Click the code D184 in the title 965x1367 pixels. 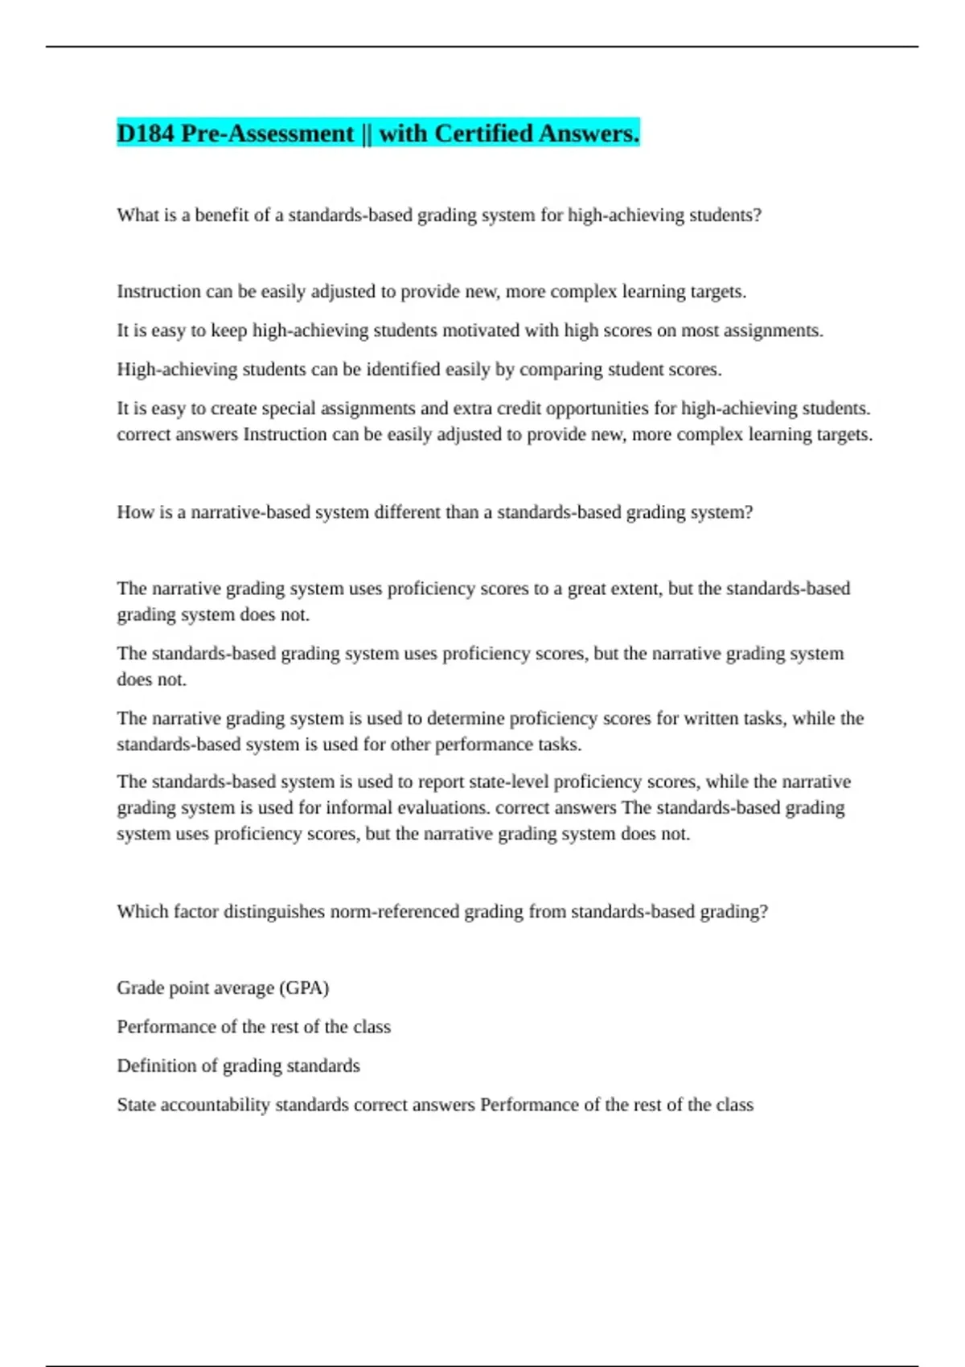[146, 133]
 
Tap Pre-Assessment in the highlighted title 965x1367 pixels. [268, 133]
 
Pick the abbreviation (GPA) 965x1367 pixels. [304, 988]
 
